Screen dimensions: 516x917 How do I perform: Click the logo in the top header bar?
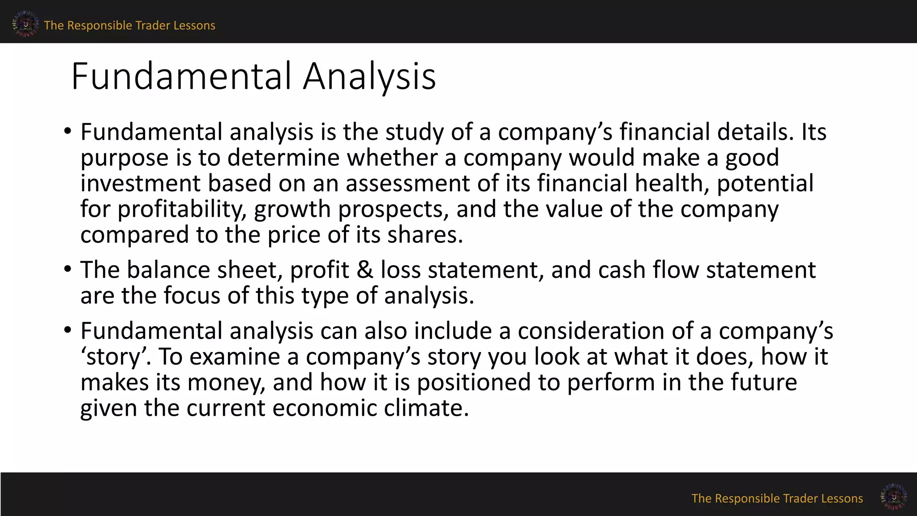coord(25,24)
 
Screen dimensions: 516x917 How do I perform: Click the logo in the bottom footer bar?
coord(893,496)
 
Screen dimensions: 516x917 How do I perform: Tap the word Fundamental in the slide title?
coord(181,76)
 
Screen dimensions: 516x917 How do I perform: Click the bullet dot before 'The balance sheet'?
coord(67,269)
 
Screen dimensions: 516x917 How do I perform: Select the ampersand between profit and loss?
coord(365,270)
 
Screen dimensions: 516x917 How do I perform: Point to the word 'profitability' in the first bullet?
coord(182,209)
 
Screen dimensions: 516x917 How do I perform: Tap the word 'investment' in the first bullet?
coord(140,184)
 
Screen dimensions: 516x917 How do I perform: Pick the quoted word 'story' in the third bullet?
coord(114,357)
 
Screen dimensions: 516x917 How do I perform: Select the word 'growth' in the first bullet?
coord(292,209)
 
